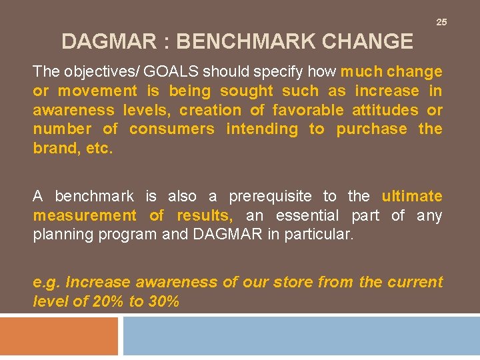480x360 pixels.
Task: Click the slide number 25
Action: pyautogui.click(x=441, y=22)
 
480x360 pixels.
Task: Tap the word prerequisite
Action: pyautogui.click(x=270, y=196)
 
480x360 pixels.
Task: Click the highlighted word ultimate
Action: pyautogui.click(x=412, y=196)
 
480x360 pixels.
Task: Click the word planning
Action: pyautogui.click(x=64, y=235)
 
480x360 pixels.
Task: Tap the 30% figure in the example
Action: pyautogui.click(x=163, y=301)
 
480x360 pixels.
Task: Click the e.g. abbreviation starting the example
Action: pyautogui.click(x=47, y=282)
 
